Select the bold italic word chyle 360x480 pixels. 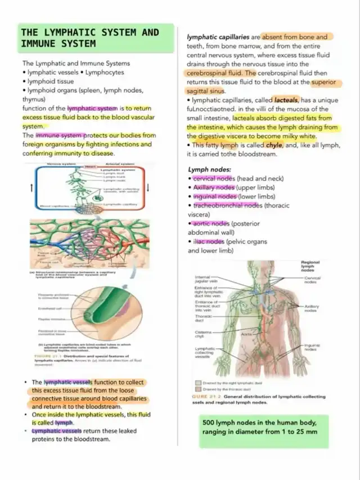click(x=274, y=146)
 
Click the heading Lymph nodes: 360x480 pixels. click(x=210, y=169)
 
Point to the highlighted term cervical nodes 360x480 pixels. click(x=213, y=178)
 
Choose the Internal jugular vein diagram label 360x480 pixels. click(x=202, y=280)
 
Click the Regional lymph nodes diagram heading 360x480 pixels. click(x=310, y=266)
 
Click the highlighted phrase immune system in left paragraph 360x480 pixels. click(x=60, y=136)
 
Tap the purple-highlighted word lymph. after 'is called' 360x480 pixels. click(x=64, y=423)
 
